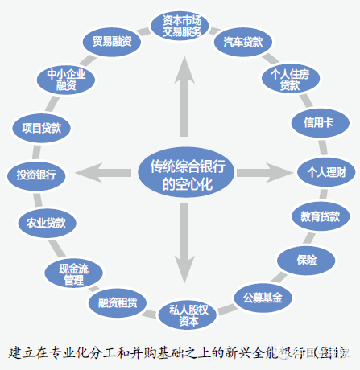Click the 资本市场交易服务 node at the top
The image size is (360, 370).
pos(182,24)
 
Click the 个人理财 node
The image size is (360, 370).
pos(321,171)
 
